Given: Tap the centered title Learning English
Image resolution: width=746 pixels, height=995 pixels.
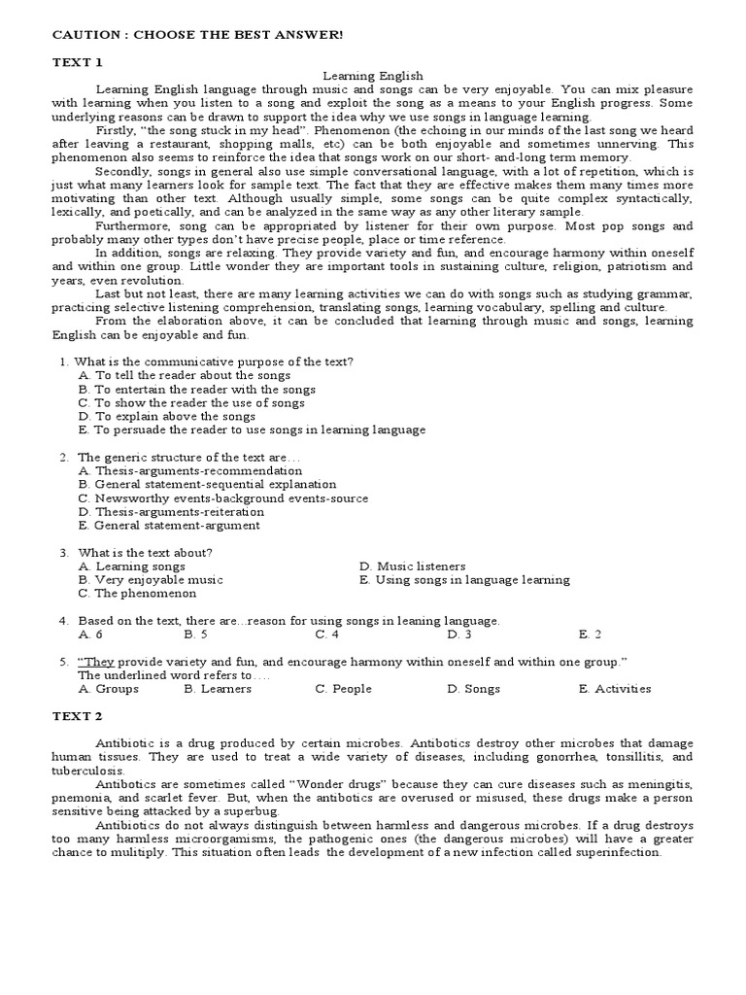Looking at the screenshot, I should (373, 75).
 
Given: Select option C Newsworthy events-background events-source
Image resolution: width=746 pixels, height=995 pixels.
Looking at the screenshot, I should (223, 497).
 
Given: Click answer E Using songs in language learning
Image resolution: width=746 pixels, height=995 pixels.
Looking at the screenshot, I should (464, 579).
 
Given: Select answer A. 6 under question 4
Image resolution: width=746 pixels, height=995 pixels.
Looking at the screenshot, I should (90, 634).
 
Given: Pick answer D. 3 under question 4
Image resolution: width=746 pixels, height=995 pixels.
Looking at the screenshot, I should (458, 634).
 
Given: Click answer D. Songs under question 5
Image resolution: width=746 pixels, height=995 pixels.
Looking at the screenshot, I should (473, 688).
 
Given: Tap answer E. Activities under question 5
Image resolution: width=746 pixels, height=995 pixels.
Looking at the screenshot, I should (614, 688).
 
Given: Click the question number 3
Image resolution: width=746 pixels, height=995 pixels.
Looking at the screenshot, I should (63, 552).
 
